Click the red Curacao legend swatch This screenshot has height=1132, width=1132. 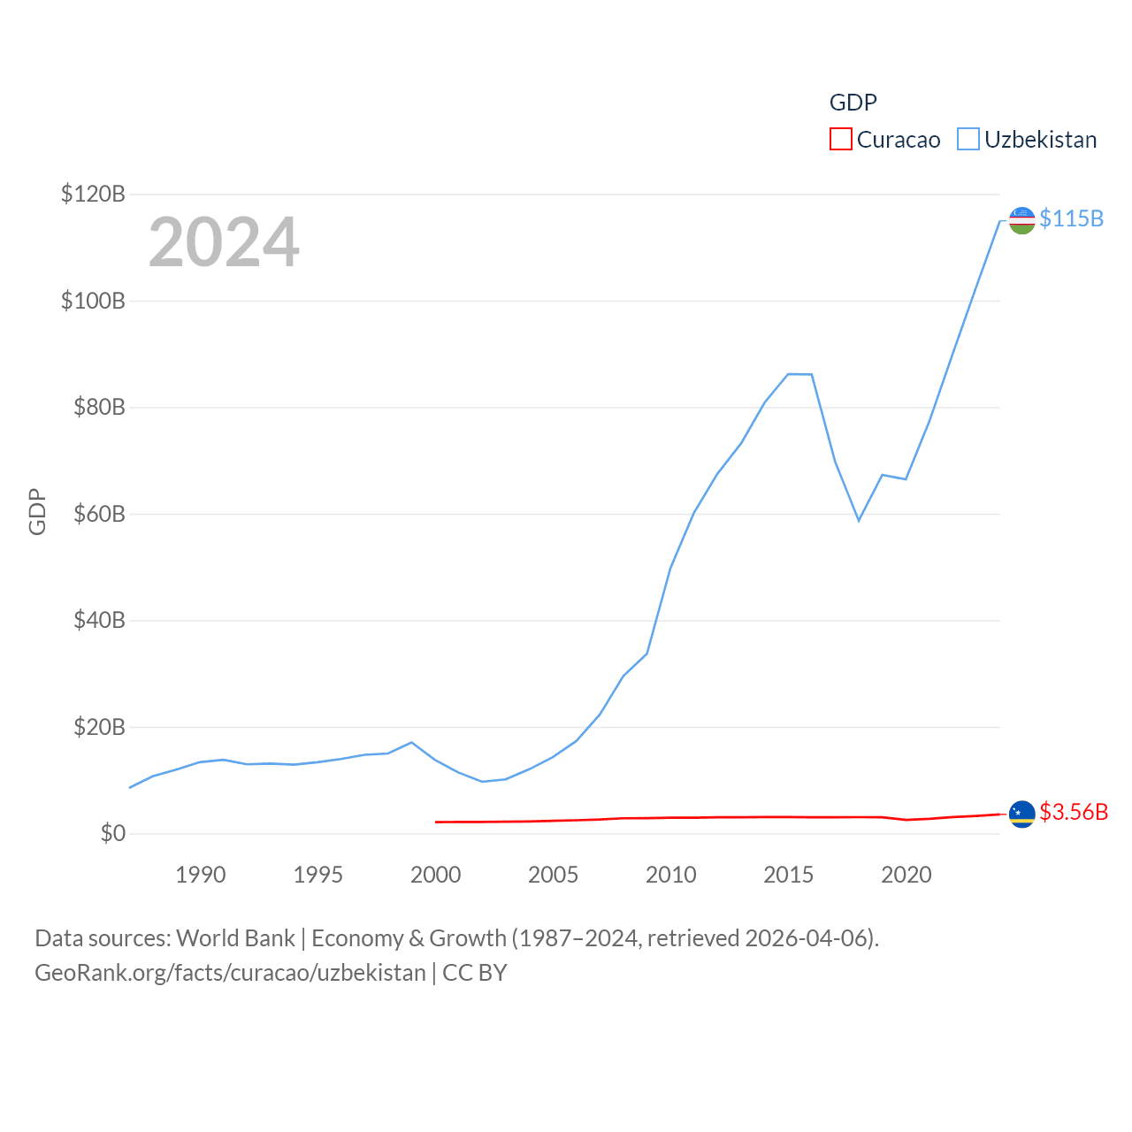(x=840, y=140)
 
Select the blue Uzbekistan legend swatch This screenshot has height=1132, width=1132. (x=968, y=140)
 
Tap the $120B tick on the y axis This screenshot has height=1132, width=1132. (x=93, y=194)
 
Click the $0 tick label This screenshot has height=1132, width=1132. (x=112, y=834)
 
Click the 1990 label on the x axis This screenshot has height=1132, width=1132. (x=201, y=875)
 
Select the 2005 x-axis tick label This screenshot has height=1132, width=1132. (x=553, y=875)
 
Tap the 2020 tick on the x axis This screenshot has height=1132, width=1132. (x=906, y=875)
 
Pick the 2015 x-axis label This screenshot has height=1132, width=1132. (x=788, y=875)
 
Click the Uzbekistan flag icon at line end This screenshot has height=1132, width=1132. (x=1022, y=220)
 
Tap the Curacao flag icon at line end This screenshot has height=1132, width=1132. (x=1022, y=814)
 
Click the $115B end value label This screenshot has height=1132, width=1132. (x=1071, y=218)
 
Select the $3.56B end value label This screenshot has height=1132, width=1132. (x=1074, y=812)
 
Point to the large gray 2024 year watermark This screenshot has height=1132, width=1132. (x=224, y=242)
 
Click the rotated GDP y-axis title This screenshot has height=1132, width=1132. (x=37, y=511)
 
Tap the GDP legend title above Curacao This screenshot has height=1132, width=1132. (x=853, y=103)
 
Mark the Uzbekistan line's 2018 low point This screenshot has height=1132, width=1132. (x=859, y=520)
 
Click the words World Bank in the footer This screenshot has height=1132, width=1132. (x=235, y=938)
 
